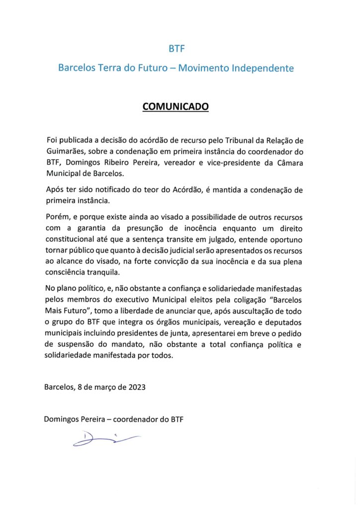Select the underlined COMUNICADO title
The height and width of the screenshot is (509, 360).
point(176,106)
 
